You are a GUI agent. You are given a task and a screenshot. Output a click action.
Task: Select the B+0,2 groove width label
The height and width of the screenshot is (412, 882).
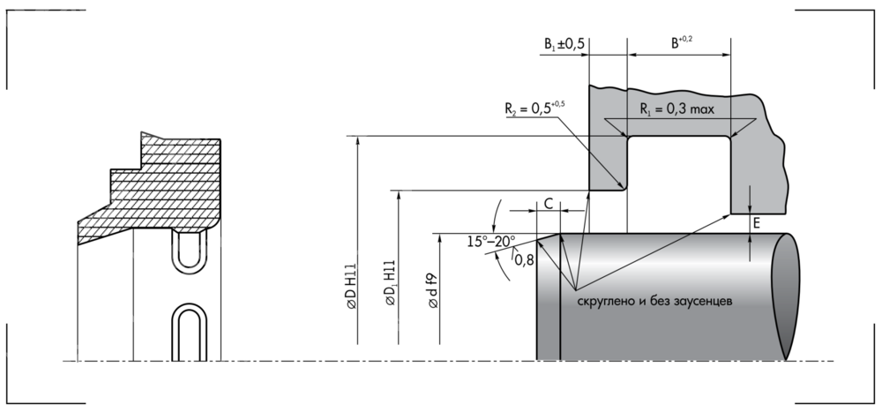681,42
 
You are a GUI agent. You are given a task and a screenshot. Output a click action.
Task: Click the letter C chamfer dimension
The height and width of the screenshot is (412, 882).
548,203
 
